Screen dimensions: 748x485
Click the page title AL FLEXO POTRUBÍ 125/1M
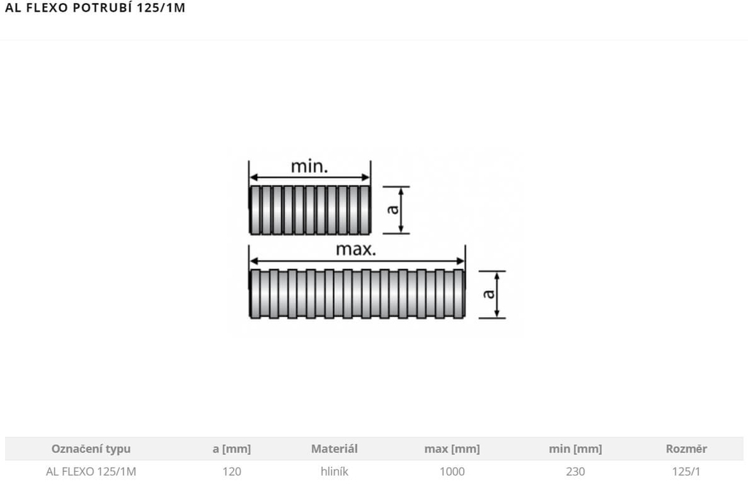tap(95, 7)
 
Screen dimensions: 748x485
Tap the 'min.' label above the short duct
tap(310, 167)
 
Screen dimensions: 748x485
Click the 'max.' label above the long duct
tap(356, 249)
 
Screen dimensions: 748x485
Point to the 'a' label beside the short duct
tap(392, 210)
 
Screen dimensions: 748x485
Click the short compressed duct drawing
tap(310, 210)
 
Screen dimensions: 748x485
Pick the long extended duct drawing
tap(356, 294)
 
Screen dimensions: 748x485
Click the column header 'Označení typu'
tap(91, 448)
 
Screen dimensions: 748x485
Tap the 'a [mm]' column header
tap(232, 448)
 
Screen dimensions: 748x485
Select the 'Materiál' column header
tap(335, 448)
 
